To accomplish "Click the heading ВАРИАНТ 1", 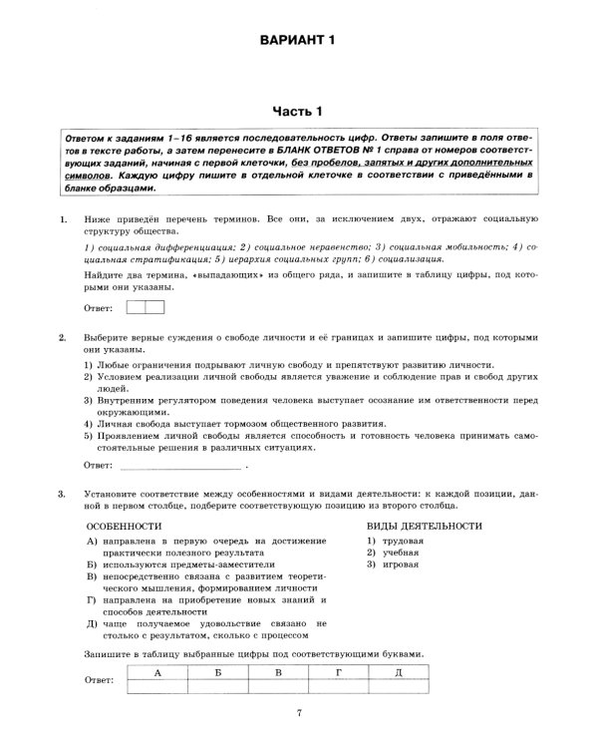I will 299,41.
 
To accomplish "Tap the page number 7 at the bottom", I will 299,711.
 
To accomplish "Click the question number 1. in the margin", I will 64,217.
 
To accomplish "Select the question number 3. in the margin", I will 64,494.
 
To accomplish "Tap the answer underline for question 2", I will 179,465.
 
